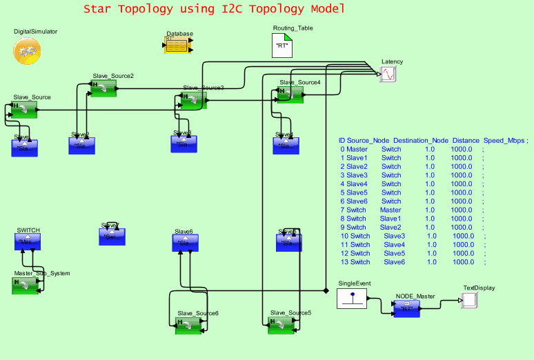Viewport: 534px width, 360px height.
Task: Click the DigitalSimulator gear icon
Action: [x=27, y=51]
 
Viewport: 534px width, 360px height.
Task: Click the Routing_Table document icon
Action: [x=281, y=46]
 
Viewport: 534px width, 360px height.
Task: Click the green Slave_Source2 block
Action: [x=104, y=88]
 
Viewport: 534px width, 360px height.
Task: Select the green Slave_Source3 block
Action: [x=193, y=101]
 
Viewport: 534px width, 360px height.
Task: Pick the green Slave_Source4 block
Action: [x=290, y=94]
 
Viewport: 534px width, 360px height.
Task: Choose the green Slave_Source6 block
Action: [x=188, y=326]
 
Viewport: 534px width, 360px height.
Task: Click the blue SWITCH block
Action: [x=28, y=242]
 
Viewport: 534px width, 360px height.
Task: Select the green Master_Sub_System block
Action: [x=26, y=286]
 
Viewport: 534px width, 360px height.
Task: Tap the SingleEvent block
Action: [x=351, y=298]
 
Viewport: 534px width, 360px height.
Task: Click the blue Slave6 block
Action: [x=185, y=243]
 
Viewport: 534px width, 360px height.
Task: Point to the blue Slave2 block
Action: [x=81, y=146]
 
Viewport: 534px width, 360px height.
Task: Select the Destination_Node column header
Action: [x=421, y=140]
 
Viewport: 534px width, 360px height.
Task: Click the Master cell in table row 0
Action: [x=357, y=149]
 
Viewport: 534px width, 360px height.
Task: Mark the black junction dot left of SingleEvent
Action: [x=325, y=290]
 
